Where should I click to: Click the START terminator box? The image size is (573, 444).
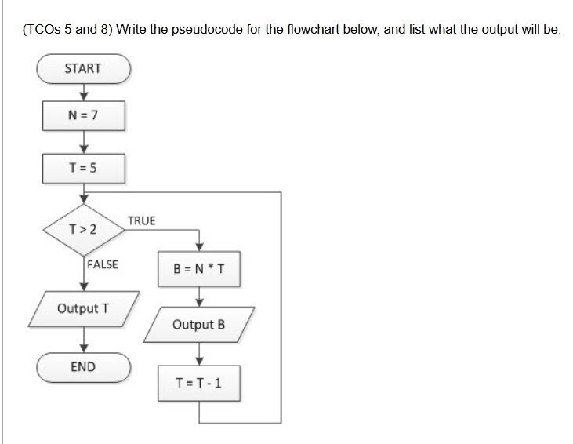82,68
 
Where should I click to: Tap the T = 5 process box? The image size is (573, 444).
82,166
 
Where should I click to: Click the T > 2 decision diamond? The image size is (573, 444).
82,230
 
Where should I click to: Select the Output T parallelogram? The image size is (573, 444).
82,308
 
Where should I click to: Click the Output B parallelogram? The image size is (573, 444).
199,324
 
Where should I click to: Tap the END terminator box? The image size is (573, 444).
82,366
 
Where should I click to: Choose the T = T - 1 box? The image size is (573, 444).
199,383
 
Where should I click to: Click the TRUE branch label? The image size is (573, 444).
141,220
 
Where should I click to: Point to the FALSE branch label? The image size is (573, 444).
102,264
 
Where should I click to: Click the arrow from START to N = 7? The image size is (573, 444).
82,93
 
